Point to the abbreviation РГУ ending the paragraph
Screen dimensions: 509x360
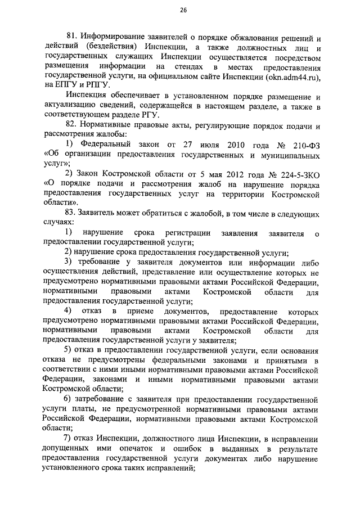[x=120, y=114]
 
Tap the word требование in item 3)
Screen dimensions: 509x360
[x=102, y=263]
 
